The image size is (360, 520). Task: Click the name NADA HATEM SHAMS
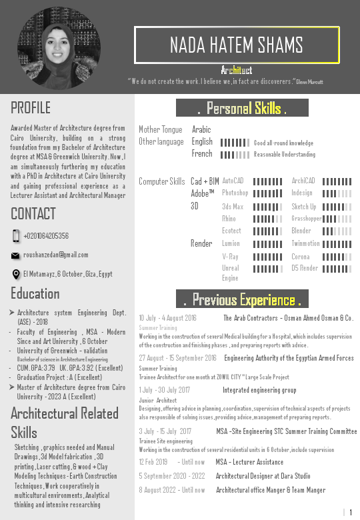coord(237,45)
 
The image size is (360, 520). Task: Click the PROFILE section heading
coord(31,107)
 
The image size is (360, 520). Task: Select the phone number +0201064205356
coord(46,236)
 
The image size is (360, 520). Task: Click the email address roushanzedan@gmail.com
coord(56,255)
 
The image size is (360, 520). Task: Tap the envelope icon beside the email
coord(16,255)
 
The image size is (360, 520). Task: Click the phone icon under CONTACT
coord(16,236)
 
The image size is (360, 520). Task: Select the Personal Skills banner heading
coord(242,108)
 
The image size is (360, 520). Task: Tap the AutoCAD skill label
coord(233,181)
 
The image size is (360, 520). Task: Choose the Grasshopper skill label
coord(307,219)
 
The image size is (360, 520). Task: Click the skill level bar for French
coord(235,155)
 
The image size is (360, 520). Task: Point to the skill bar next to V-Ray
coord(267,257)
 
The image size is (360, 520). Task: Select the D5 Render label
coord(305,268)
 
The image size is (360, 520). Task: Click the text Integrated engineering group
coord(259,390)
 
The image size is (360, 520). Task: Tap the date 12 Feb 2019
coord(153,462)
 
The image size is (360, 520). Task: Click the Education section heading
coord(35,293)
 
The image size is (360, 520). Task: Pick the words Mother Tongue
coord(160,130)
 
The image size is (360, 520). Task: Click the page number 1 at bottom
coord(350,512)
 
